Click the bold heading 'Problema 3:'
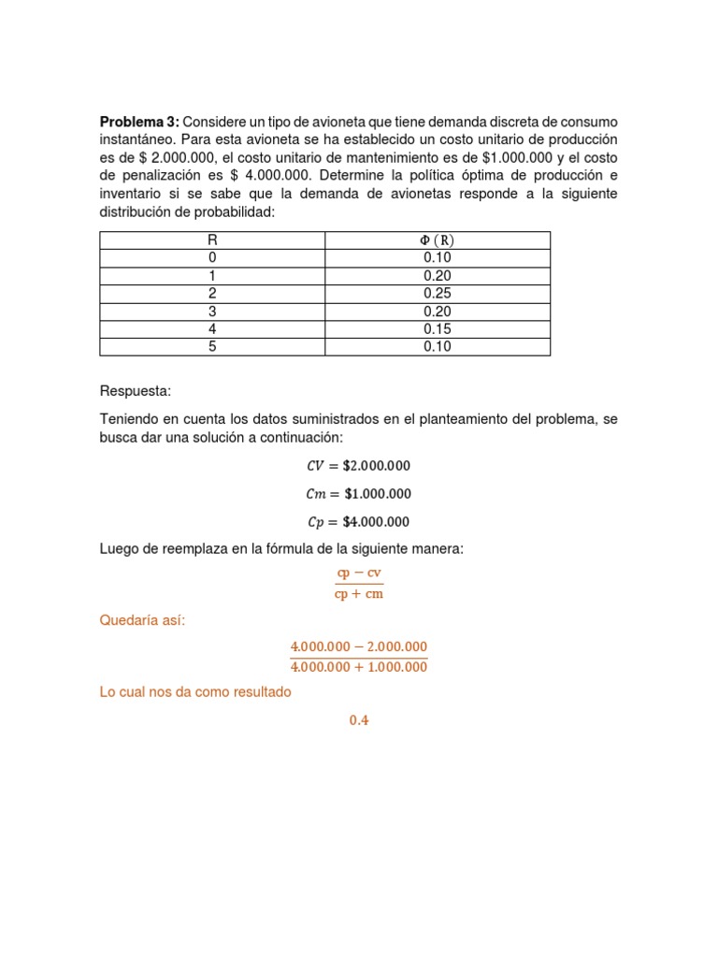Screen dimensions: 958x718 (x=139, y=123)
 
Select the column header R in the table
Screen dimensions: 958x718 (x=212, y=240)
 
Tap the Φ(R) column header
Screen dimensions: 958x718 (x=438, y=240)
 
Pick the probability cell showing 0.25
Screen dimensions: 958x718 (x=438, y=294)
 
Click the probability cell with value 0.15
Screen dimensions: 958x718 (x=438, y=329)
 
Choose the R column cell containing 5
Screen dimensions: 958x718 (x=212, y=347)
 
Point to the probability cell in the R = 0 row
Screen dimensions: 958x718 (x=438, y=258)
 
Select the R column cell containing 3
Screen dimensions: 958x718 (x=212, y=312)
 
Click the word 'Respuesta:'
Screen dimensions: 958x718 (x=136, y=392)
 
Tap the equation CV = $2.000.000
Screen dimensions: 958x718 (x=358, y=466)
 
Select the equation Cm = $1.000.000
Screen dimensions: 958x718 (x=358, y=494)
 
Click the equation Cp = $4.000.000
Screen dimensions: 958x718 (x=358, y=522)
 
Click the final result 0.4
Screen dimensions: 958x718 (x=359, y=720)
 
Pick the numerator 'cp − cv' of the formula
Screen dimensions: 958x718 (x=359, y=573)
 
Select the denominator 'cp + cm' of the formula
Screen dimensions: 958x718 (x=359, y=594)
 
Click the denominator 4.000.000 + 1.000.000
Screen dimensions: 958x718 (x=359, y=668)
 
